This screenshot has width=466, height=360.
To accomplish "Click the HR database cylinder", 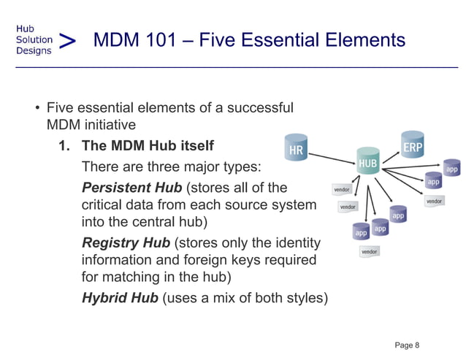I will tap(296, 150).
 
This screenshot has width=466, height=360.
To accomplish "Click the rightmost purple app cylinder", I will tap(452, 169).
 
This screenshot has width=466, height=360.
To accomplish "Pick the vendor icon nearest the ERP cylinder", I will tap(434, 201).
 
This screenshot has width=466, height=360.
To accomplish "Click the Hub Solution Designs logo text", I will tap(34, 39).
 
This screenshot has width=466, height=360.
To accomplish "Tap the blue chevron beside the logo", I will tap(68, 41).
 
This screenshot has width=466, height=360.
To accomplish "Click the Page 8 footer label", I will tap(407, 344).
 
